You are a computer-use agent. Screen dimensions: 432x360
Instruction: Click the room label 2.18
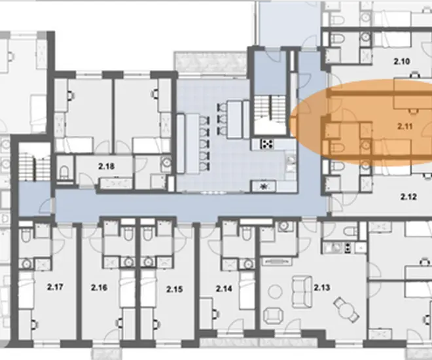[106, 166]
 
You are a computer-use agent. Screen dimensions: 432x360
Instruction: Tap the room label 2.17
[55, 287]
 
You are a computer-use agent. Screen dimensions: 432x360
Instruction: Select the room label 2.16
[99, 288]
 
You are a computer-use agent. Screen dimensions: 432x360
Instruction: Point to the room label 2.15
[174, 289]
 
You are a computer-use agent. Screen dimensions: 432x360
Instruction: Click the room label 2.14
[224, 289]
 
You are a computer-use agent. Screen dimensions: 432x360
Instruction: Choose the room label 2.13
[322, 287]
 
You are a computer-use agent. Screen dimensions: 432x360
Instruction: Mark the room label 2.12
[408, 197]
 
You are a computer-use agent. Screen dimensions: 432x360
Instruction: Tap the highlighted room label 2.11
[405, 126]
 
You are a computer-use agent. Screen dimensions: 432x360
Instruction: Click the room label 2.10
[402, 61]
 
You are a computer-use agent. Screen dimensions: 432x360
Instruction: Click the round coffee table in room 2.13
[275, 292]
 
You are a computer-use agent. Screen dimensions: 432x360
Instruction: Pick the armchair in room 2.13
[274, 315]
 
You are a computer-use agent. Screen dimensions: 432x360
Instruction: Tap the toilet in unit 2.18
[64, 172]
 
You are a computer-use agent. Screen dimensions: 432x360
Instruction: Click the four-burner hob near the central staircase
[267, 144]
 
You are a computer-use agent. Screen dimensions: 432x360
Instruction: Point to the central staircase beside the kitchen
[270, 109]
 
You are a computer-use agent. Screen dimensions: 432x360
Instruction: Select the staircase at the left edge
[34, 166]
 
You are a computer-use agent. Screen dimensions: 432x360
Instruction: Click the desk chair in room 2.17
[34, 324]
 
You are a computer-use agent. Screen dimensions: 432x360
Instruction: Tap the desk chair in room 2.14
[215, 314]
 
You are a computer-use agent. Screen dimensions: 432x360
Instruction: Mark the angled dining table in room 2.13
[347, 310]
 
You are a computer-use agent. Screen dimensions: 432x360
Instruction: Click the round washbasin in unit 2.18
[166, 162]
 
